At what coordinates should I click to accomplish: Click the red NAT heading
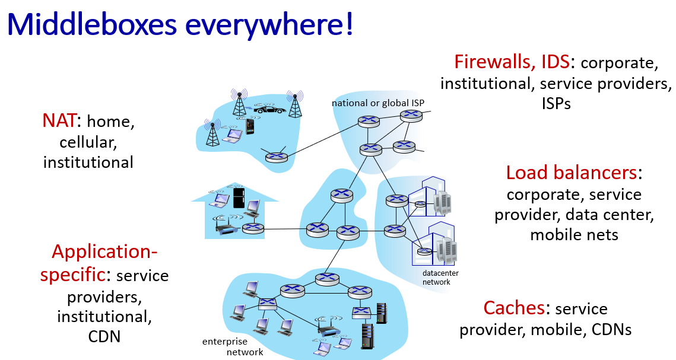pos(59,121)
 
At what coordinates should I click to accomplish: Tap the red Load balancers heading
pos(572,173)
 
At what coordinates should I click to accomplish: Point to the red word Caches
pos(514,308)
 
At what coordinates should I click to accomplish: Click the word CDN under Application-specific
pos(104,337)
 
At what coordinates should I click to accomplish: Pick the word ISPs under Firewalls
pos(556,104)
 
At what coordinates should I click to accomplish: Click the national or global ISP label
pos(377,103)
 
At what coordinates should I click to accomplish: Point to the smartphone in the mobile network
pos(250,126)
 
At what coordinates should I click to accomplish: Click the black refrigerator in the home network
pos(239,197)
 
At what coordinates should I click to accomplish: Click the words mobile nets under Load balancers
pos(574,235)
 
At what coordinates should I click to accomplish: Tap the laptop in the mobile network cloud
pos(233,136)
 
